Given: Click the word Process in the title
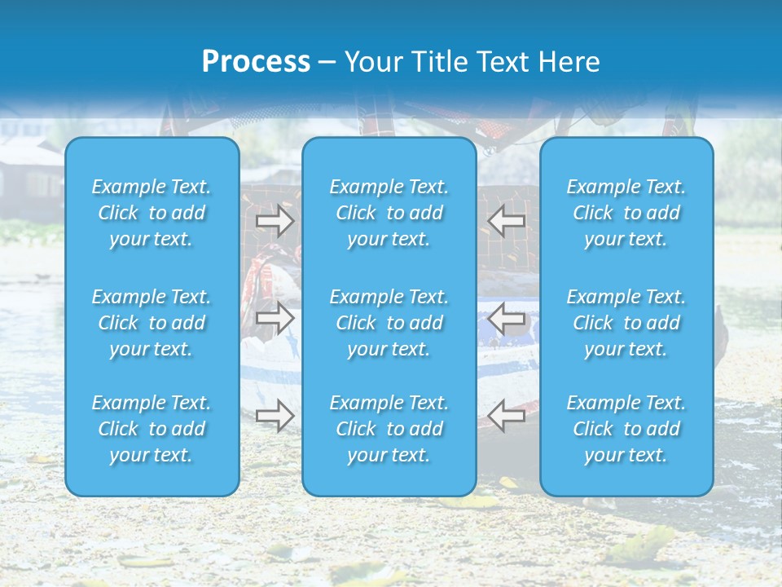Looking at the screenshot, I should [256, 62].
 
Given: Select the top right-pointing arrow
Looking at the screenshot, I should [275, 220].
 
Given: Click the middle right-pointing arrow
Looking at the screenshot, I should [275, 318].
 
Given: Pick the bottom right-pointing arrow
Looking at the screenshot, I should [275, 416].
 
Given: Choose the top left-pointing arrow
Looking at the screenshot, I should [507, 220].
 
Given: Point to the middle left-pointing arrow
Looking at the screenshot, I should [507, 318].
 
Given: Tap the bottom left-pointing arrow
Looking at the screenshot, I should [507, 416].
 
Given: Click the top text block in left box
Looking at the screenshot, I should [152, 213].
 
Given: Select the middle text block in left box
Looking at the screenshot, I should [152, 323].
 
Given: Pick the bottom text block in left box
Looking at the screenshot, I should [152, 429].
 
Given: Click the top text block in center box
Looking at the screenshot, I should [389, 213].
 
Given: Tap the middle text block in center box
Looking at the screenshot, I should [389, 323].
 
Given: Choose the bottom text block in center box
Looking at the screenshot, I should [389, 429].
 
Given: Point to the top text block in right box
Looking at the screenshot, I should [626, 213].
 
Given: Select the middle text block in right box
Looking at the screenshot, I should [626, 323].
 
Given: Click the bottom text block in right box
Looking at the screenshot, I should [626, 429].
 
